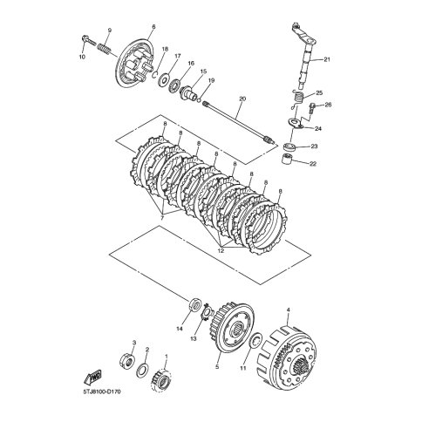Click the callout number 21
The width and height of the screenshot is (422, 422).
(327, 59)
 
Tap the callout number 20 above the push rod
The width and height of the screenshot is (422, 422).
(242, 99)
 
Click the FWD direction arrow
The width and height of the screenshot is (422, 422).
(92, 377)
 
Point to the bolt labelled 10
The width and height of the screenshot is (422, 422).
(89, 41)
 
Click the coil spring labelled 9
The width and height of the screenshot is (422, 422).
(104, 49)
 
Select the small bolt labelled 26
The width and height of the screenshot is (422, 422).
(312, 108)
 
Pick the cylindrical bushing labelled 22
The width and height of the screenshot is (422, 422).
(286, 160)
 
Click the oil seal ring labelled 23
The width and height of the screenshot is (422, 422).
(289, 146)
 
